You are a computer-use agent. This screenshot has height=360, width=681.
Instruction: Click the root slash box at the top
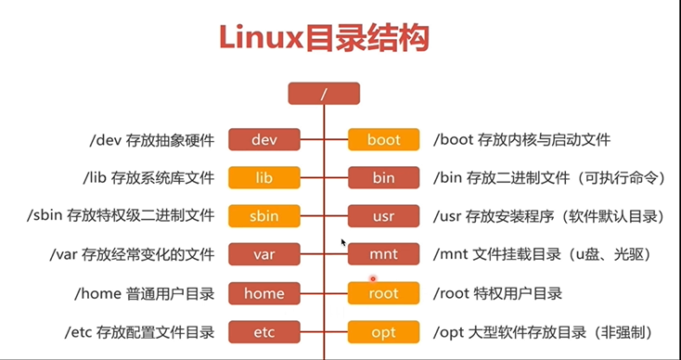[x=324, y=94]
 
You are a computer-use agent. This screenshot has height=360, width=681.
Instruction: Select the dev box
[x=264, y=139]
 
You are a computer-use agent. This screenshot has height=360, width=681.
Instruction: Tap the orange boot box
[x=383, y=139]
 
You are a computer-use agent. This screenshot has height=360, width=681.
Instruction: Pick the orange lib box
[x=264, y=177]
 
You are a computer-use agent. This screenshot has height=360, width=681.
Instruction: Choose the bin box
[x=383, y=177]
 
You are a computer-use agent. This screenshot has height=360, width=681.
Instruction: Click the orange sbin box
[x=264, y=216]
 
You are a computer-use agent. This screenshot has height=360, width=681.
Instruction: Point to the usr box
[x=383, y=216]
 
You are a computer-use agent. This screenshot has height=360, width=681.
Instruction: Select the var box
[x=264, y=254]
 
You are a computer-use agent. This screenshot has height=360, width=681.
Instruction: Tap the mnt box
[x=383, y=254]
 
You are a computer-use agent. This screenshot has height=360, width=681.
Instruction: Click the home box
[x=264, y=293]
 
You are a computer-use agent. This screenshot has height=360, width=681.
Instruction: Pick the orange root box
[x=383, y=293]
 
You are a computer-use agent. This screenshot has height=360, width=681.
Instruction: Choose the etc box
[x=264, y=332]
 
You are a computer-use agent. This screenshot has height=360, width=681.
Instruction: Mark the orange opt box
[x=383, y=332]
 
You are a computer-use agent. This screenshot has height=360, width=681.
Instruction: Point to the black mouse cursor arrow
[x=343, y=242]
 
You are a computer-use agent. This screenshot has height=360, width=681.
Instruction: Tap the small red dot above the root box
[x=373, y=278]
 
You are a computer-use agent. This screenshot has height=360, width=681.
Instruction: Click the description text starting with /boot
[x=521, y=140]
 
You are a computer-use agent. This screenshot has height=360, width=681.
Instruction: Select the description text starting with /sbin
[x=121, y=216]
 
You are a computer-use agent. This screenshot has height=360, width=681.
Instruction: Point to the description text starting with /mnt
[x=543, y=254]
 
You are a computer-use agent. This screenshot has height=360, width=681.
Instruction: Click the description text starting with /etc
[x=139, y=333]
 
